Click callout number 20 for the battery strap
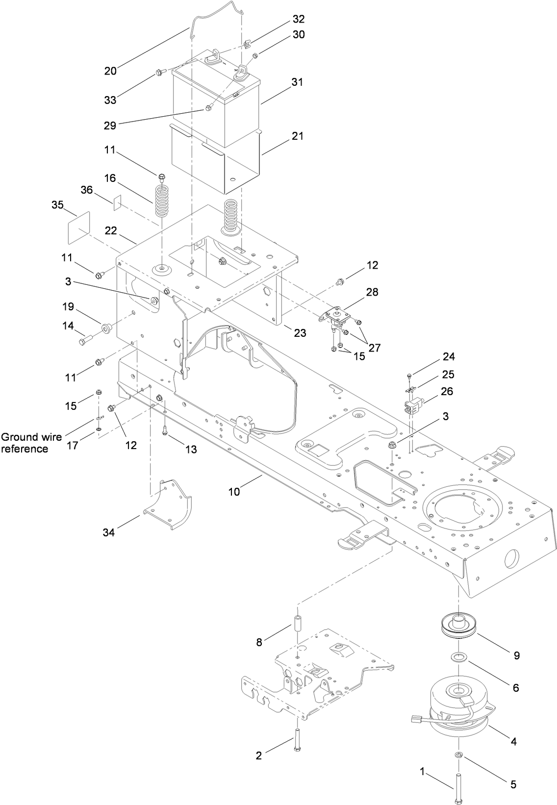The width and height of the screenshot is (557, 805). (110, 71)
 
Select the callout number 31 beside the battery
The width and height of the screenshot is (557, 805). (297, 82)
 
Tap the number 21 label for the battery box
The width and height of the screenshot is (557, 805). (297, 136)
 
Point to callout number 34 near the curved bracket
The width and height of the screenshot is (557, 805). (108, 532)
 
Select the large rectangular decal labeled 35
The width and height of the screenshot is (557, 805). (78, 227)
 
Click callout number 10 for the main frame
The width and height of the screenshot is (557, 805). (234, 491)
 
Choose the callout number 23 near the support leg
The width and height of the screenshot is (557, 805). (300, 333)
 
